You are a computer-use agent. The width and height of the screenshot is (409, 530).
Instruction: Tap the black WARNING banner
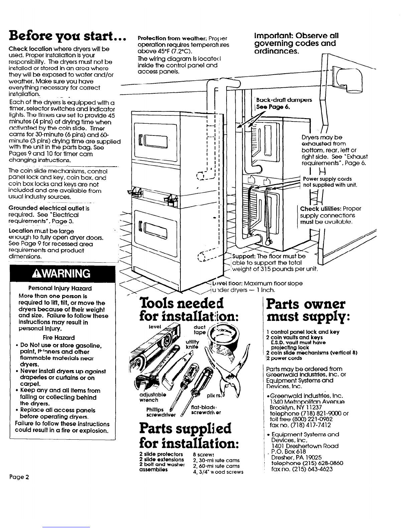[62, 274]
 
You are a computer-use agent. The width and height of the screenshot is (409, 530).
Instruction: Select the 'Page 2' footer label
[20, 477]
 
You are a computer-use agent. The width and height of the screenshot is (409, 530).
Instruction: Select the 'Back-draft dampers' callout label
[282, 100]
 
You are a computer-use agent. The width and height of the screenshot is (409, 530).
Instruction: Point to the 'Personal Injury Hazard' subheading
[60, 288]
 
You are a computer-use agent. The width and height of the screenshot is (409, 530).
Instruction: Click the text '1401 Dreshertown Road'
[305, 446]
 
